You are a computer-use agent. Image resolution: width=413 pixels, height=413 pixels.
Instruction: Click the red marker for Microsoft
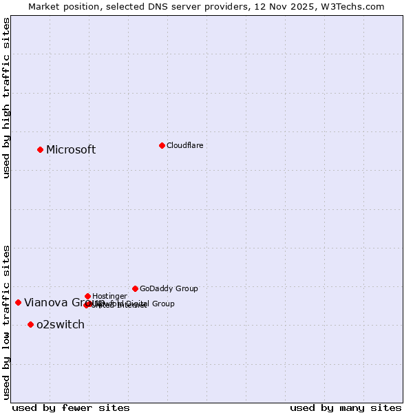click(x=41, y=149)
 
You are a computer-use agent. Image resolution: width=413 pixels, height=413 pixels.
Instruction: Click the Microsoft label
click(x=71, y=150)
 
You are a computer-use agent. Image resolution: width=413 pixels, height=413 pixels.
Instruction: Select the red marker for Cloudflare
click(x=162, y=145)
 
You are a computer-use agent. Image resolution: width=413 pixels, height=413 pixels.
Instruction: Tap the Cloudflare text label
click(x=184, y=145)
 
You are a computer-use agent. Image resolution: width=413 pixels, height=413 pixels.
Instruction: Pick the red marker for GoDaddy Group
click(x=135, y=288)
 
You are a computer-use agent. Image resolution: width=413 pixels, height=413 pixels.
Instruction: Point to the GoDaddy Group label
click(x=169, y=288)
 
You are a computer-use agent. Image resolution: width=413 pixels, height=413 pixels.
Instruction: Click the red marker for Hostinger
click(x=87, y=296)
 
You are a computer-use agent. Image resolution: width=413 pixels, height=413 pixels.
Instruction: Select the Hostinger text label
click(x=109, y=296)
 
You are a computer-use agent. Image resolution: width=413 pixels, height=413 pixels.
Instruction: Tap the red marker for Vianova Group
click(x=18, y=302)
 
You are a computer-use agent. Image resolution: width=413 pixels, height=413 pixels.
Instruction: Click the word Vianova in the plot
click(x=45, y=302)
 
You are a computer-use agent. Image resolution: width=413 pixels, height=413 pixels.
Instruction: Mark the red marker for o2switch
click(x=30, y=324)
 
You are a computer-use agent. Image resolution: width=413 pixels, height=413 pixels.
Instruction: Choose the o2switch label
click(x=61, y=325)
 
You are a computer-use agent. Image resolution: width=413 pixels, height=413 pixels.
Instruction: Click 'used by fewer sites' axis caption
click(x=71, y=407)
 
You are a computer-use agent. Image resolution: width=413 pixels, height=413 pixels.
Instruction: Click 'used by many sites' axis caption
click(x=346, y=407)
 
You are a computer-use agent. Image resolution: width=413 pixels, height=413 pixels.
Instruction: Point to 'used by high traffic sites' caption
click(x=6, y=98)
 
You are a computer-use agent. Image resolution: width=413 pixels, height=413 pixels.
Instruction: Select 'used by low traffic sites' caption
click(x=6, y=321)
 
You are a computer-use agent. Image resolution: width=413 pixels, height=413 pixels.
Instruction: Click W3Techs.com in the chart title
click(x=355, y=6)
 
